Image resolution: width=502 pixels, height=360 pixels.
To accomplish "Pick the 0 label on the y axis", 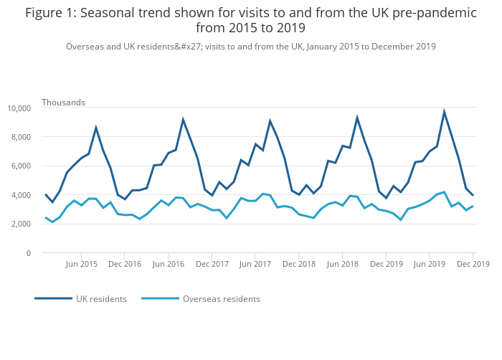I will coord(28,253).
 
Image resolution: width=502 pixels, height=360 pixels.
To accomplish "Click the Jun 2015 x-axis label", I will coord(81,264).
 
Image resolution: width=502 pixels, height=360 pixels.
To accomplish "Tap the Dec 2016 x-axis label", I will coord(125,264).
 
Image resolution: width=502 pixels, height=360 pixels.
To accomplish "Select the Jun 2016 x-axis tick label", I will coord(168,264).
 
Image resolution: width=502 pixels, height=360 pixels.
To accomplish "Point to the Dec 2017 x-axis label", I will coord(212,264).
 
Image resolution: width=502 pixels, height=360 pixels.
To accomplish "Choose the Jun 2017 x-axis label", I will coord(255,264).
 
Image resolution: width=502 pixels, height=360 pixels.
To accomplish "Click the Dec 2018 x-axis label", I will coord(298,264).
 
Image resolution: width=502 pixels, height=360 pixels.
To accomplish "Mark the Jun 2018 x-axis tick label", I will coord(341,264).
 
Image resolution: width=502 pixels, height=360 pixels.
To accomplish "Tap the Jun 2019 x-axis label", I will coord(428,264).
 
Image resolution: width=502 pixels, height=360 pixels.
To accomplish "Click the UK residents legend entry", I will coord(101,299).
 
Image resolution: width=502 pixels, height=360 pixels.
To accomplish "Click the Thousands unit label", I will coord(63,103).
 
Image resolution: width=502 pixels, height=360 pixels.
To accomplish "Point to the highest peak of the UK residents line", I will coord(444,112).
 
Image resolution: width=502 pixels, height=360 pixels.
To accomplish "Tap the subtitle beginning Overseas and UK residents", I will coord(251,47).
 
